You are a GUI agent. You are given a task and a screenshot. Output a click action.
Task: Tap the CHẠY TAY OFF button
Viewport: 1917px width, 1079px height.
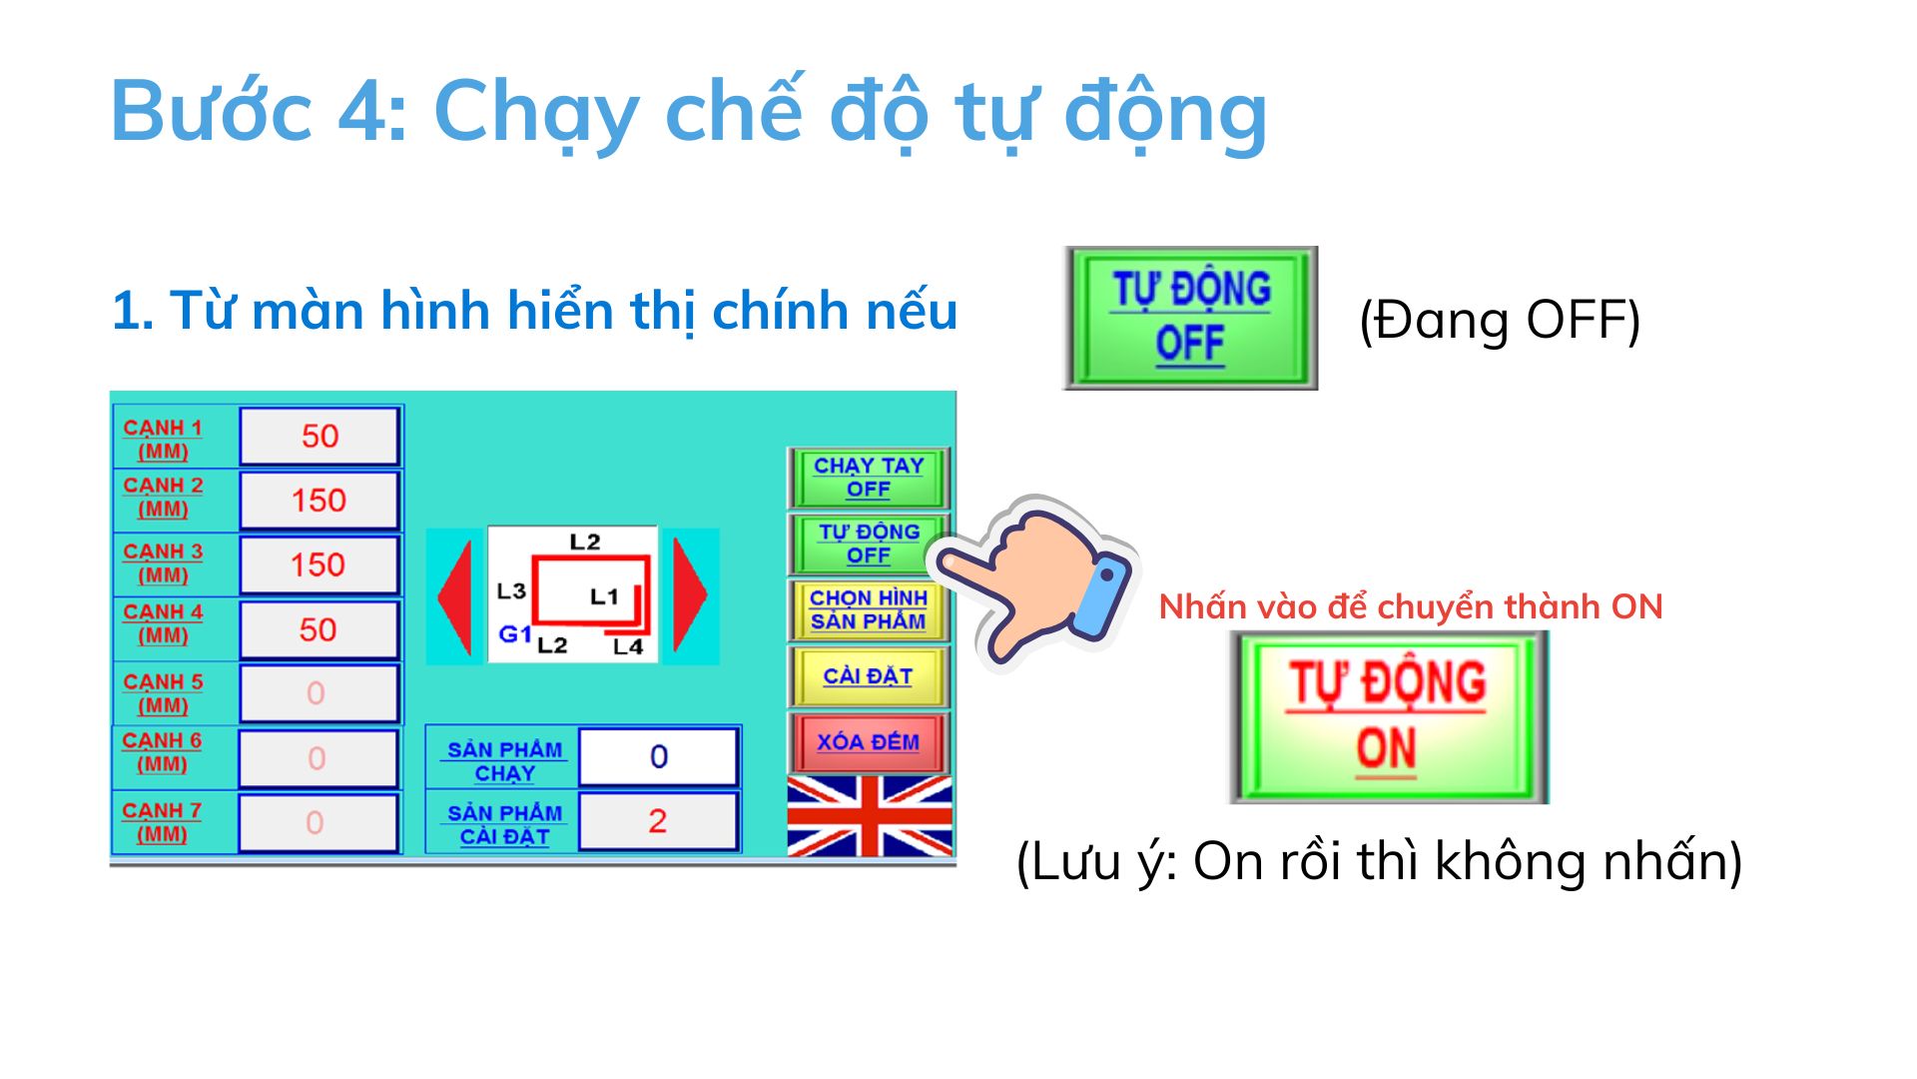click(868, 478)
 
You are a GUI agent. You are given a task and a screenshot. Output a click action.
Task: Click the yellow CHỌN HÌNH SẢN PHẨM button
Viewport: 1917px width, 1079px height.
click(868, 609)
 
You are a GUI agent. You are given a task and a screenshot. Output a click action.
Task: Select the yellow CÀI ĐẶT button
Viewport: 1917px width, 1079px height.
click(868, 676)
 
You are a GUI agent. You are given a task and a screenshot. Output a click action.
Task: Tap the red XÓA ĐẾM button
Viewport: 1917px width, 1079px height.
click(868, 742)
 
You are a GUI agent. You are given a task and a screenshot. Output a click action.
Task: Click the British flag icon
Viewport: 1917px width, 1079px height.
click(870, 816)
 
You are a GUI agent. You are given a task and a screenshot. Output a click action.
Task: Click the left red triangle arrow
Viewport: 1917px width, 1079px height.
click(455, 596)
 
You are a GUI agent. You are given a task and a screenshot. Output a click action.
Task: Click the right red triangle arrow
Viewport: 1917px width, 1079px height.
click(690, 595)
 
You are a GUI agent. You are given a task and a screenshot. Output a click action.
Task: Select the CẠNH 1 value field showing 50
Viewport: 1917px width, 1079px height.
click(319, 436)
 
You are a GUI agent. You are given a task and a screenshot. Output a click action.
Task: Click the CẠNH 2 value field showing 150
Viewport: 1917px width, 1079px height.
click(319, 500)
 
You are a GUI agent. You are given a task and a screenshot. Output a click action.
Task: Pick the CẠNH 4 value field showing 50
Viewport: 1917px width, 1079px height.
click(319, 629)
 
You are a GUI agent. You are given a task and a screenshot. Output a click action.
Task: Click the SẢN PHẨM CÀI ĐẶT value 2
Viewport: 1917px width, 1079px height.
click(658, 820)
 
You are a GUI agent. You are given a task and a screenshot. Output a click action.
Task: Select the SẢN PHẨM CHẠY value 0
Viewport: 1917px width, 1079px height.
click(658, 756)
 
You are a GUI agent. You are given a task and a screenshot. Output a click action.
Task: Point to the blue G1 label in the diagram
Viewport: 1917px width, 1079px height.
click(515, 633)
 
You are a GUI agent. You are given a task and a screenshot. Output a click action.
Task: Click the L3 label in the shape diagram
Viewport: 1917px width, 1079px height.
click(511, 590)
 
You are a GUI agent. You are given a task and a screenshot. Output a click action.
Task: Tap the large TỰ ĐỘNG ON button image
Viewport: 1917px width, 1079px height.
click(1389, 717)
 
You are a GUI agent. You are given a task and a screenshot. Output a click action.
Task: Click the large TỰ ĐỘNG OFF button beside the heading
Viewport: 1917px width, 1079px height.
click(1190, 318)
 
